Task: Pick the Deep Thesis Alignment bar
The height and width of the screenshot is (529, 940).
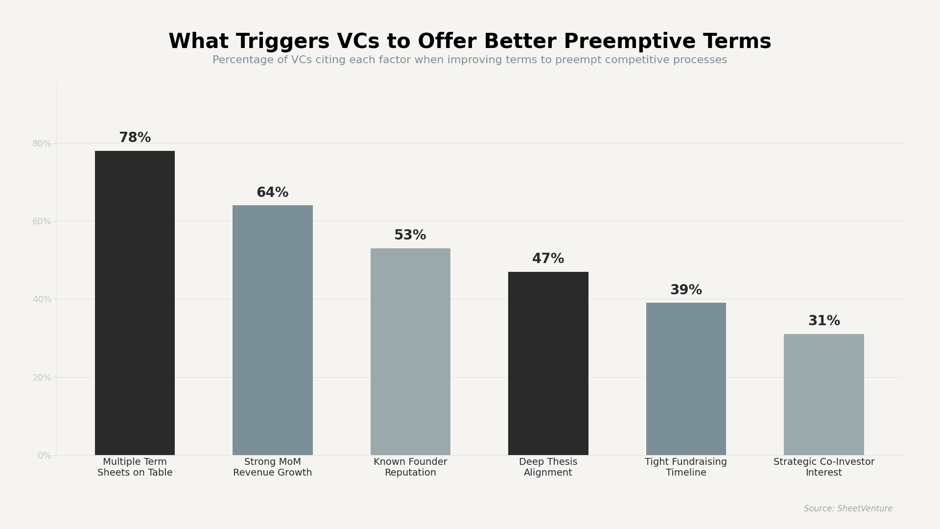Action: pos(548,363)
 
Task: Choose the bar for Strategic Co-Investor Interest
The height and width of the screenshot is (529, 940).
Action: pos(823,394)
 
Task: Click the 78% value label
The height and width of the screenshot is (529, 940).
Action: pos(135,138)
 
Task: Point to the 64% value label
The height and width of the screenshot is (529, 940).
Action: pos(272,193)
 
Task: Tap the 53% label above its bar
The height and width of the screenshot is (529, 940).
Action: pos(410,236)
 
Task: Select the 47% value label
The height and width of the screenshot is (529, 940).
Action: pos(548,259)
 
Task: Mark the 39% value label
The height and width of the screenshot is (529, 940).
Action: pos(686,290)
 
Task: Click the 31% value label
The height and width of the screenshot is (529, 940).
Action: pos(823,321)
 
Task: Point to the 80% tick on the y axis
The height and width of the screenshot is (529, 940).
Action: pos(42,144)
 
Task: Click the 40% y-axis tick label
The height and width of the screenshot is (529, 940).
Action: pos(42,299)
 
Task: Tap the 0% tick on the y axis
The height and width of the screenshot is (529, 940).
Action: pos(44,456)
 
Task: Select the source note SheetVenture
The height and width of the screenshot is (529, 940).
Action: pos(848,509)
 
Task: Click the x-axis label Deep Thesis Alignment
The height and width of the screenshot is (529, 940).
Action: pos(548,467)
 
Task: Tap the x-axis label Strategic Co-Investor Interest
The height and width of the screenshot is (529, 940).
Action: pos(823,467)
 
